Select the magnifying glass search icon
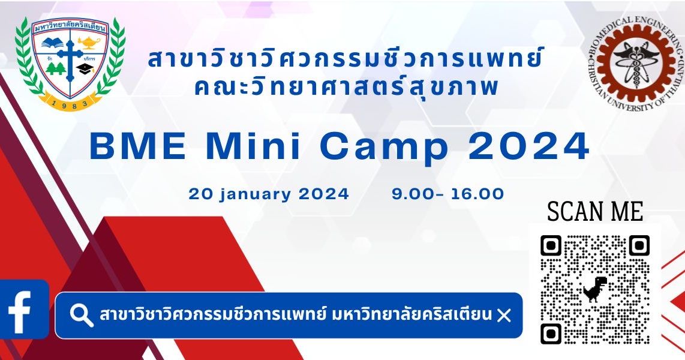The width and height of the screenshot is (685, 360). (81, 315)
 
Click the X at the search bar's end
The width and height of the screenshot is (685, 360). (504, 315)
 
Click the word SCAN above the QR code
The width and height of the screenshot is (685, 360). (571, 212)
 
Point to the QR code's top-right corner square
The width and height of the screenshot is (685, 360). (639, 245)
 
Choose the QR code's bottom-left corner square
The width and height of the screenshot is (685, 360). (551, 333)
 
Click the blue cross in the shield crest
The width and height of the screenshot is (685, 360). (70, 59)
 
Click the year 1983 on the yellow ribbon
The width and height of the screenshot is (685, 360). (70, 103)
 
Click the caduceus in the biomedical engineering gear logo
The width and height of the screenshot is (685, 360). (636, 59)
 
